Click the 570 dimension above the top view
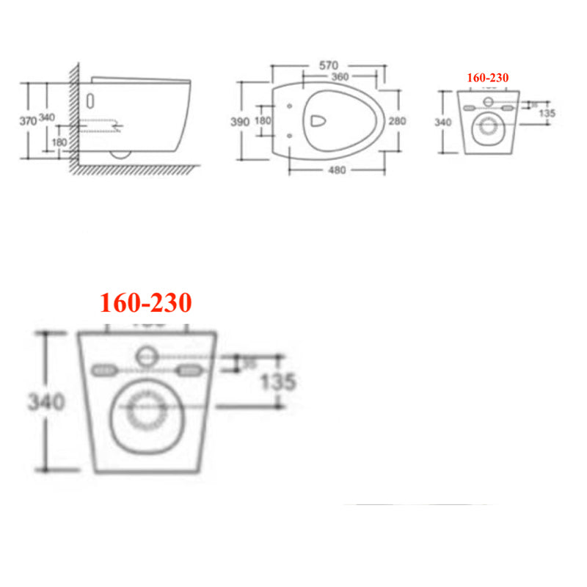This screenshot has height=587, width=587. pos(329,65)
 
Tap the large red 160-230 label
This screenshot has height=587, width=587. pos(146,302)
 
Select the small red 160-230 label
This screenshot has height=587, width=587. pos(488,77)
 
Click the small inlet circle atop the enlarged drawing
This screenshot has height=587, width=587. pos(147,357)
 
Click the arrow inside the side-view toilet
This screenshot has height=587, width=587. pos(114,127)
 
